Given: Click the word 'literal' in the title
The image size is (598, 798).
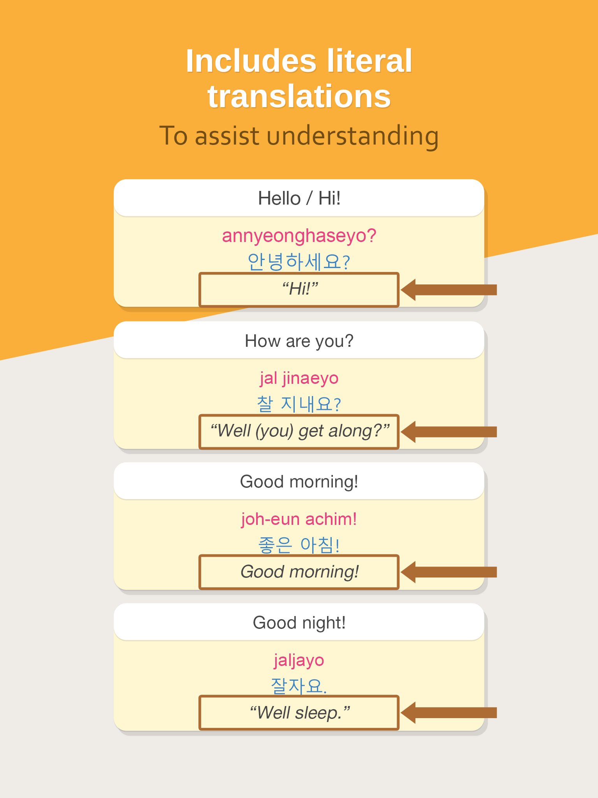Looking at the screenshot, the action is [369, 61].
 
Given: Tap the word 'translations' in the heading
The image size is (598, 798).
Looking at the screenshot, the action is [299, 97].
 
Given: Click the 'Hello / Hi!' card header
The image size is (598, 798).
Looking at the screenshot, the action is [299, 198].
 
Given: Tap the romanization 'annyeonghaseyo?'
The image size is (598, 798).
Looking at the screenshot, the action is [299, 236].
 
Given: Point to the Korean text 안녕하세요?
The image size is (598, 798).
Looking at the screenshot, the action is [299, 261].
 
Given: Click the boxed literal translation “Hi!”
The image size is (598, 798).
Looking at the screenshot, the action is [299, 290].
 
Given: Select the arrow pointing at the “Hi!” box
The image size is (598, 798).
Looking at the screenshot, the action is [449, 290].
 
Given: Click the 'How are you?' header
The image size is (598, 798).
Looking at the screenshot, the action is [299, 341].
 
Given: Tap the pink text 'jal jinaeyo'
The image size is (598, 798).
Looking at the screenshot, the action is [299, 378].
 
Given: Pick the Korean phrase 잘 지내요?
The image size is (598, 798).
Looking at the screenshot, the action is [299, 404].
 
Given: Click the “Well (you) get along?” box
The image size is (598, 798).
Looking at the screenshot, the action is [299, 432].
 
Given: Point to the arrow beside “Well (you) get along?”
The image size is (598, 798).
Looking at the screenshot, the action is [449, 432].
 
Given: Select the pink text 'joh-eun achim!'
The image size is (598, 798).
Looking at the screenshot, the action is [299, 519].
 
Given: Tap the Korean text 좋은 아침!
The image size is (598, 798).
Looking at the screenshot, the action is [299, 545].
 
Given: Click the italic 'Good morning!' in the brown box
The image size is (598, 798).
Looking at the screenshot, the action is [299, 572].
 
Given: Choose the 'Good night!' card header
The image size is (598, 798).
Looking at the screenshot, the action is [299, 623].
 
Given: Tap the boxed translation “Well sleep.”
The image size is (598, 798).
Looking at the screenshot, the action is [299, 713].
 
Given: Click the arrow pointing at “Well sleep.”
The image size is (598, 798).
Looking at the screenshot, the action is [449, 713].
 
